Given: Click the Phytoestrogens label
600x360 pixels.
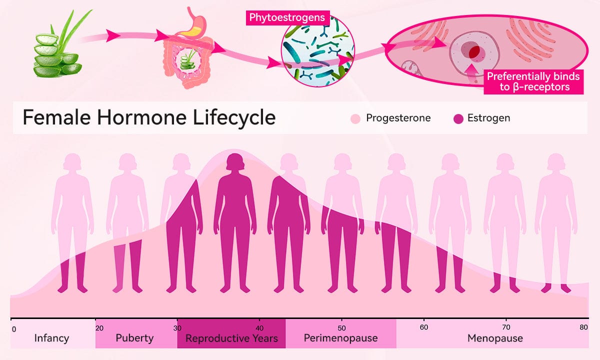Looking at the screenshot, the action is [287, 17].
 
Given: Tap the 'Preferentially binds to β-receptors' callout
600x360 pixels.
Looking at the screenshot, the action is [533, 81].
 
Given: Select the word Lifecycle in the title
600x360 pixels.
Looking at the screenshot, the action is [234, 117].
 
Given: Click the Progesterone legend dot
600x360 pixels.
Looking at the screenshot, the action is [355, 118].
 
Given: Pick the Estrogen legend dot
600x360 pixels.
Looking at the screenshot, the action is [458, 118].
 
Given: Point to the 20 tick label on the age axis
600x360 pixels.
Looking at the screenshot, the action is [99, 328].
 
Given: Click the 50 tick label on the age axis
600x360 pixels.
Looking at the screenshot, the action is [341, 328].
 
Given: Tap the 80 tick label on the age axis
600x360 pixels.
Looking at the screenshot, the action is [583, 327].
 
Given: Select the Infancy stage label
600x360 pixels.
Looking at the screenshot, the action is [51, 338].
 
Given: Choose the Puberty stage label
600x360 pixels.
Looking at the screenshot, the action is [134, 338].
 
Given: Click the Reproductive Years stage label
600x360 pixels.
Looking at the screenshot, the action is [231, 338].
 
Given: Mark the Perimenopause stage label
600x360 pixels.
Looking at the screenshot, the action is [340, 338].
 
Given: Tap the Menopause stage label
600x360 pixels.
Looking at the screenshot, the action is [495, 338].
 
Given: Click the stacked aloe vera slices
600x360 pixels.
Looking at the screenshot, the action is [57, 55].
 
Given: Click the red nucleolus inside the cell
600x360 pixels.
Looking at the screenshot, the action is [474, 51].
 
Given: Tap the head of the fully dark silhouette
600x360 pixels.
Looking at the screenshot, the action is [235, 162].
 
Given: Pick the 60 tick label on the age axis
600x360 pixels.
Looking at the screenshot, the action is [424, 327].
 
